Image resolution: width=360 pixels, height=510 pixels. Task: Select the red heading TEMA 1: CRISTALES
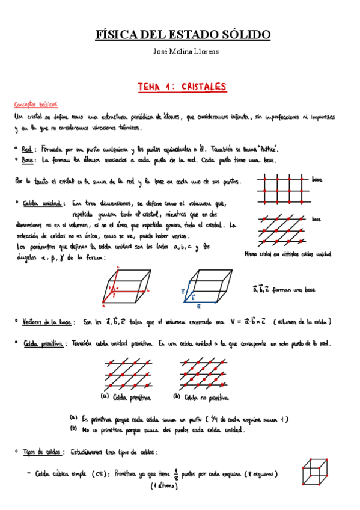[182, 87]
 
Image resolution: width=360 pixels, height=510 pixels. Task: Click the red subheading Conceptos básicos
[35, 103]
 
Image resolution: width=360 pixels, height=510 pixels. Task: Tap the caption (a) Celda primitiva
[126, 398]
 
